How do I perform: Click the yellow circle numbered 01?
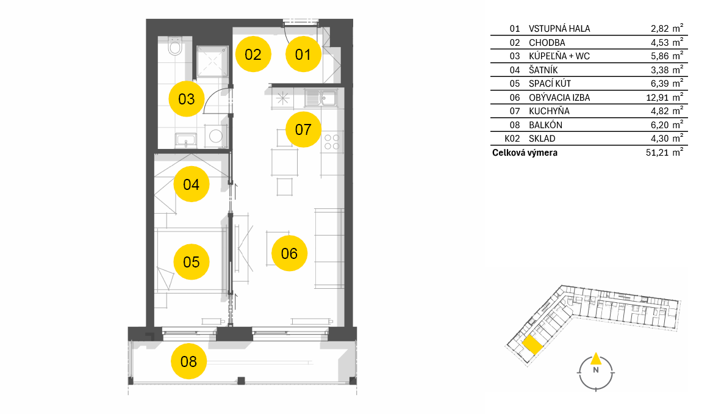click(x=303, y=54)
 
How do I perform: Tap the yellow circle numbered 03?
click(x=186, y=99)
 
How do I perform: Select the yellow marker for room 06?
click(x=289, y=253)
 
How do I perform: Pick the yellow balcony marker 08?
click(x=188, y=361)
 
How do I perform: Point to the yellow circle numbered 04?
click(x=191, y=184)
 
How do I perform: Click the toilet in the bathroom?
click(x=175, y=45)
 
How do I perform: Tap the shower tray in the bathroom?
click(x=212, y=61)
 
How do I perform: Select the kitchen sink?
click(x=321, y=98)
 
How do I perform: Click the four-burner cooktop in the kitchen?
click(x=332, y=142)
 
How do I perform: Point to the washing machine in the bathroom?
click(x=215, y=136)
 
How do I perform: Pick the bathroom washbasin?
click(x=185, y=140)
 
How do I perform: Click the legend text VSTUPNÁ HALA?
click(x=559, y=28)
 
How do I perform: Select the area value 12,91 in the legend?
click(x=658, y=98)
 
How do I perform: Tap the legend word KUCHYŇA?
click(x=549, y=111)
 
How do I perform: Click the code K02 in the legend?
click(x=512, y=139)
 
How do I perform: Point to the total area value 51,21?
click(x=658, y=153)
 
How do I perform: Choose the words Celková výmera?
click(x=525, y=153)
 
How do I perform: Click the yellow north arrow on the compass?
click(x=596, y=358)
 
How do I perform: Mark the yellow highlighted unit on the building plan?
click(x=532, y=345)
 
